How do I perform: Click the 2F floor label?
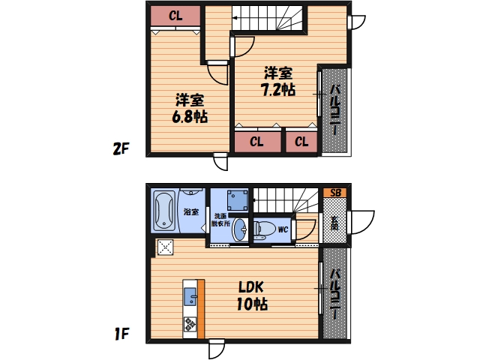(121, 149)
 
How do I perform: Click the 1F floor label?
(121, 334)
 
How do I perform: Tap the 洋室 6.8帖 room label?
(190, 108)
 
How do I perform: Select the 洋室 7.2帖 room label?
(278, 81)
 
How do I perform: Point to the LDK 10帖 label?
(252, 295)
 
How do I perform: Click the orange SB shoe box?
(335, 193)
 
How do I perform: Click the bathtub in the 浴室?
(164, 211)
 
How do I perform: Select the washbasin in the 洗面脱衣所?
(240, 230)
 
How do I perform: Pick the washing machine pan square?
(237, 200)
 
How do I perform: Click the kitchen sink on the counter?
(190, 297)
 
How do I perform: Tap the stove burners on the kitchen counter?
(190, 325)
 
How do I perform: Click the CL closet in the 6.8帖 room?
(175, 16)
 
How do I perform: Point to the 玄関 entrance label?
(334, 223)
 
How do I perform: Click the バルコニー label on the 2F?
(335, 109)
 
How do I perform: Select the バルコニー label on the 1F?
(335, 293)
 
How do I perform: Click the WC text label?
(283, 229)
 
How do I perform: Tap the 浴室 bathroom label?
(191, 211)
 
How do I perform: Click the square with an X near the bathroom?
(165, 247)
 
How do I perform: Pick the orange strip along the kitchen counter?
(201, 309)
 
